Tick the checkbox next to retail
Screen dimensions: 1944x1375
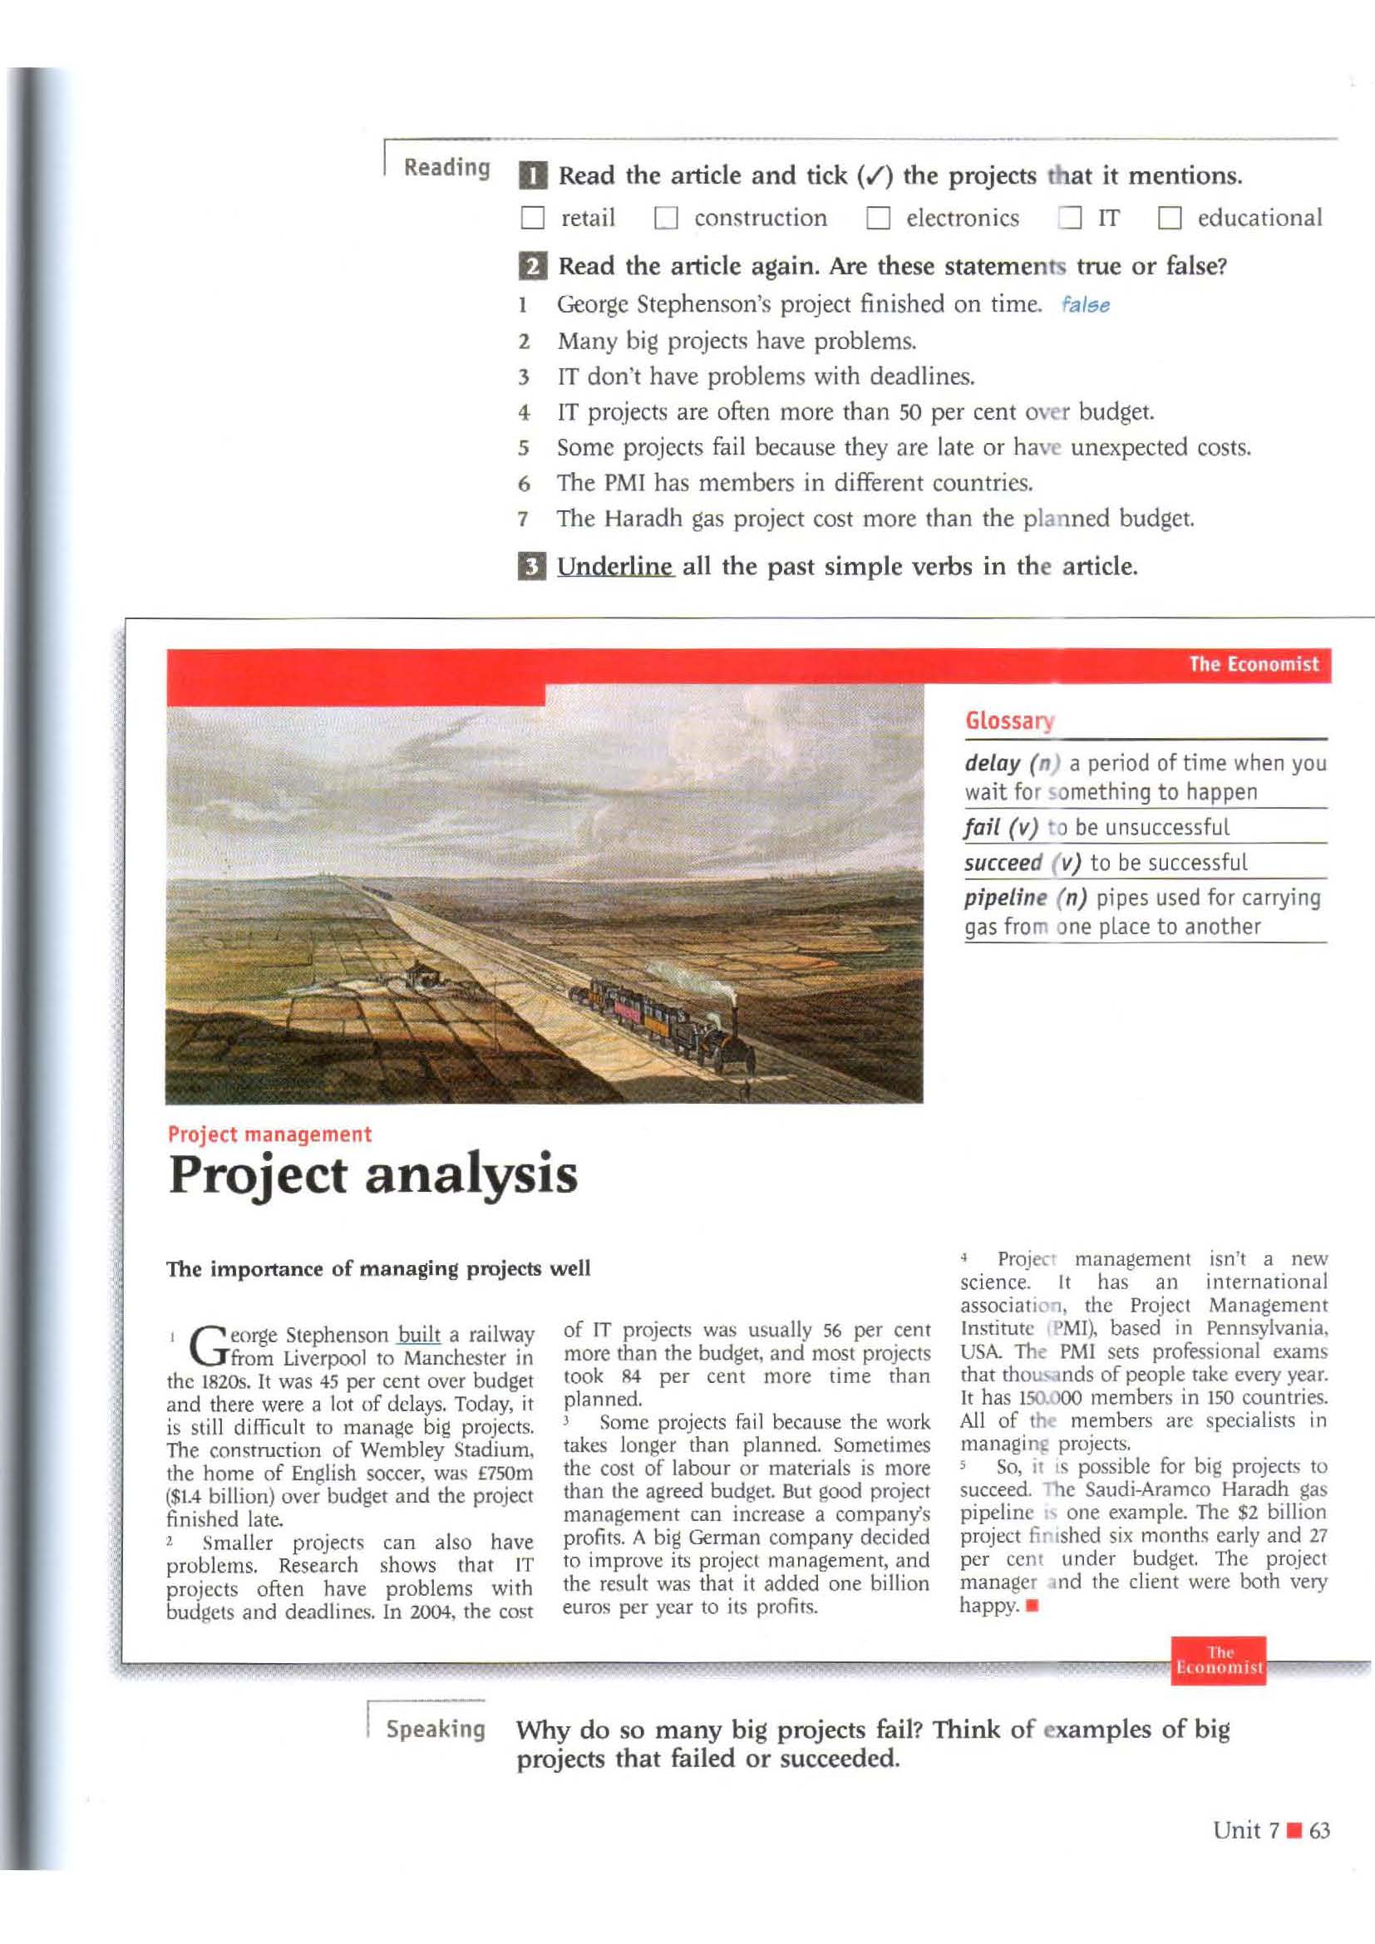tap(533, 219)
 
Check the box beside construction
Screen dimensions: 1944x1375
tap(667, 219)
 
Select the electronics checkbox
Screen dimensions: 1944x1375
tap(878, 219)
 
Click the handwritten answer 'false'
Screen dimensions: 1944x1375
tap(1085, 305)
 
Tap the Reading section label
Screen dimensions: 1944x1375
tap(446, 167)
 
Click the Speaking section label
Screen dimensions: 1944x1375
tap(435, 1729)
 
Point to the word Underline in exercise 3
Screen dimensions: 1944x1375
tap(614, 566)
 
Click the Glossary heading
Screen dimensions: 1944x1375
tap(1009, 721)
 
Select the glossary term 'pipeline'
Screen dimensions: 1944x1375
tap(1005, 898)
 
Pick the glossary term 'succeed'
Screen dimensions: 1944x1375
tap(1003, 863)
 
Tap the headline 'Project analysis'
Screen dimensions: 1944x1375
tap(372, 1174)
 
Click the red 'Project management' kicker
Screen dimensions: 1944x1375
tap(269, 1134)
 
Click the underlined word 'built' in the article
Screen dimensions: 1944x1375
tap(419, 1335)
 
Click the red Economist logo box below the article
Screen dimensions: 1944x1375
tap(1219, 1660)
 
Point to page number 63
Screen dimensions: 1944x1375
tap(1319, 1829)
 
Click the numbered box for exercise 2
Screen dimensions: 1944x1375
tap(532, 267)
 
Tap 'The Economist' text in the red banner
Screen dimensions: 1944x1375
tap(1253, 664)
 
